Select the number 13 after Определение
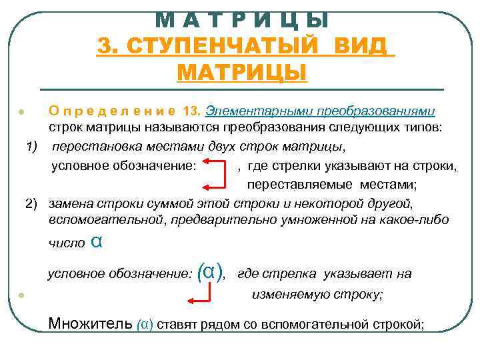coord(191,111)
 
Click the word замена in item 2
coord(71,203)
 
